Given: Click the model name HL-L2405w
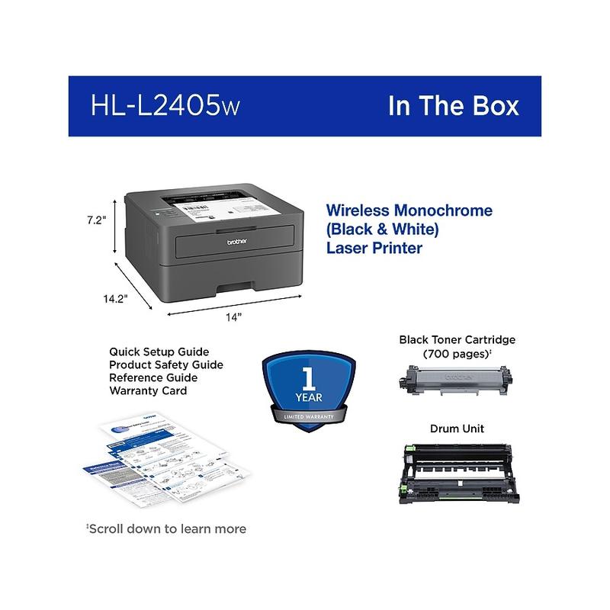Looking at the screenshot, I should pyautogui.click(x=164, y=105).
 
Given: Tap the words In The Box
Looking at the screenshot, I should pyautogui.click(x=453, y=105).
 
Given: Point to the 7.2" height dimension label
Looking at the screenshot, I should pyautogui.click(x=95, y=220).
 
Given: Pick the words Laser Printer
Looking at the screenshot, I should pyautogui.click(x=374, y=248).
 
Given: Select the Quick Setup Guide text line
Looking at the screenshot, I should pyautogui.click(x=159, y=352).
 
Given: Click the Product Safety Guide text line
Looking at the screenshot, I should pyautogui.click(x=166, y=364).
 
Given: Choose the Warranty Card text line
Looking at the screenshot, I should pyautogui.click(x=148, y=390).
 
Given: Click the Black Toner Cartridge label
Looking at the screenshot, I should pyautogui.click(x=457, y=339).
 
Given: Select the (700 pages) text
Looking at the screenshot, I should pyautogui.click(x=456, y=355).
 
